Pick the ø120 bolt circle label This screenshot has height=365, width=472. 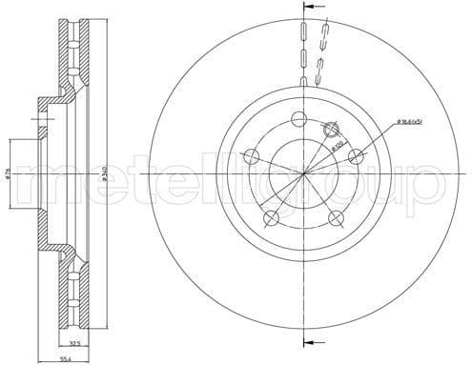pyautogui.click(x=338, y=148)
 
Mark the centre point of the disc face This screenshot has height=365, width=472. pyautogui.click(x=305, y=175)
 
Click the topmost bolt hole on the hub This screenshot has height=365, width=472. pyautogui.click(x=298, y=119)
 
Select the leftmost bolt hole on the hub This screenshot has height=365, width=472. pyautogui.click(x=252, y=154)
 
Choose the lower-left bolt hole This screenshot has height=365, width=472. pyautogui.click(x=270, y=215)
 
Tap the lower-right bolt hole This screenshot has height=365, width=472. pyautogui.click(x=335, y=217)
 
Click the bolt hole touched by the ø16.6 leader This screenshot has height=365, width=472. pyautogui.click(x=357, y=157)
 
